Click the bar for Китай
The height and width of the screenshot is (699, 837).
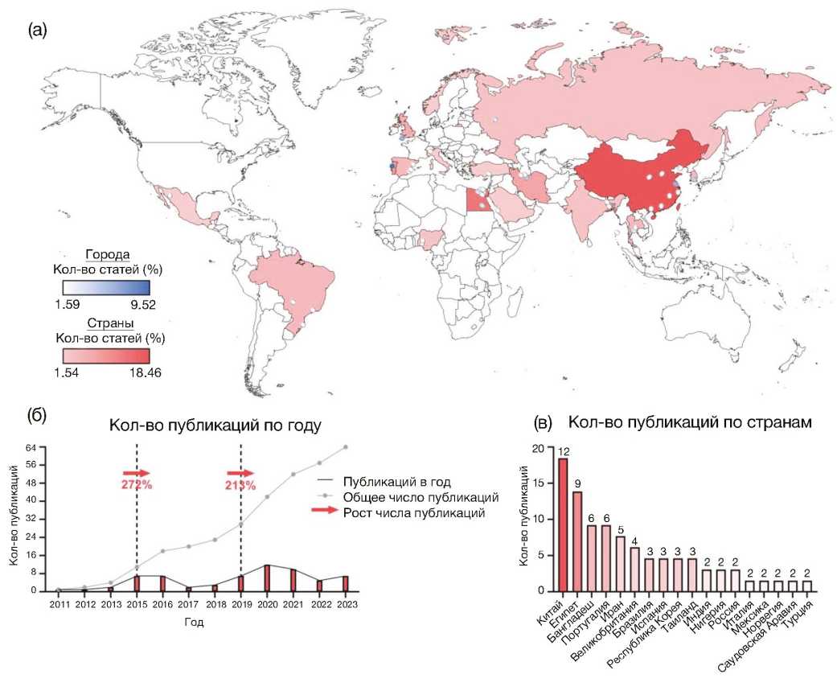pyautogui.click(x=563, y=524)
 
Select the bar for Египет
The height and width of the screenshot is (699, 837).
pyautogui.click(x=577, y=541)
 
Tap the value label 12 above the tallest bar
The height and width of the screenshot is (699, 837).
pyautogui.click(x=563, y=452)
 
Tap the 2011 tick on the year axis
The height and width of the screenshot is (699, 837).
pyautogui.click(x=59, y=603)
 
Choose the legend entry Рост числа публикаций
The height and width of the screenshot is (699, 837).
pyautogui.click(x=413, y=513)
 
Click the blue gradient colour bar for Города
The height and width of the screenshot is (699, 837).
pyautogui.click(x=106, y=286)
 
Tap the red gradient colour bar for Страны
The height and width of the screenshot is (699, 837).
pyautogui.click(x=106, y=356)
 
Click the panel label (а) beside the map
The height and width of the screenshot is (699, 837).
pyautogui.click(x=38, y=31)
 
